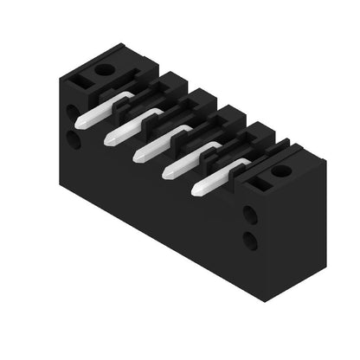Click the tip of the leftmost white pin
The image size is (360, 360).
79,124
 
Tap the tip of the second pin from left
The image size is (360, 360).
108,139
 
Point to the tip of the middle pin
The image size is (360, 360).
137,155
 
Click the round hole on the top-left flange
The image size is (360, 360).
104,68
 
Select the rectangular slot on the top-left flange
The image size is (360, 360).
82,79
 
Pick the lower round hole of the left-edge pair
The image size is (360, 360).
74,139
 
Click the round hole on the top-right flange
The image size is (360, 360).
280,170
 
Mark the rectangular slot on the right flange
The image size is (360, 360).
256,180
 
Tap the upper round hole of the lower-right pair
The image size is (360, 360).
249,213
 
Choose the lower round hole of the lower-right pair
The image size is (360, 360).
249,241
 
